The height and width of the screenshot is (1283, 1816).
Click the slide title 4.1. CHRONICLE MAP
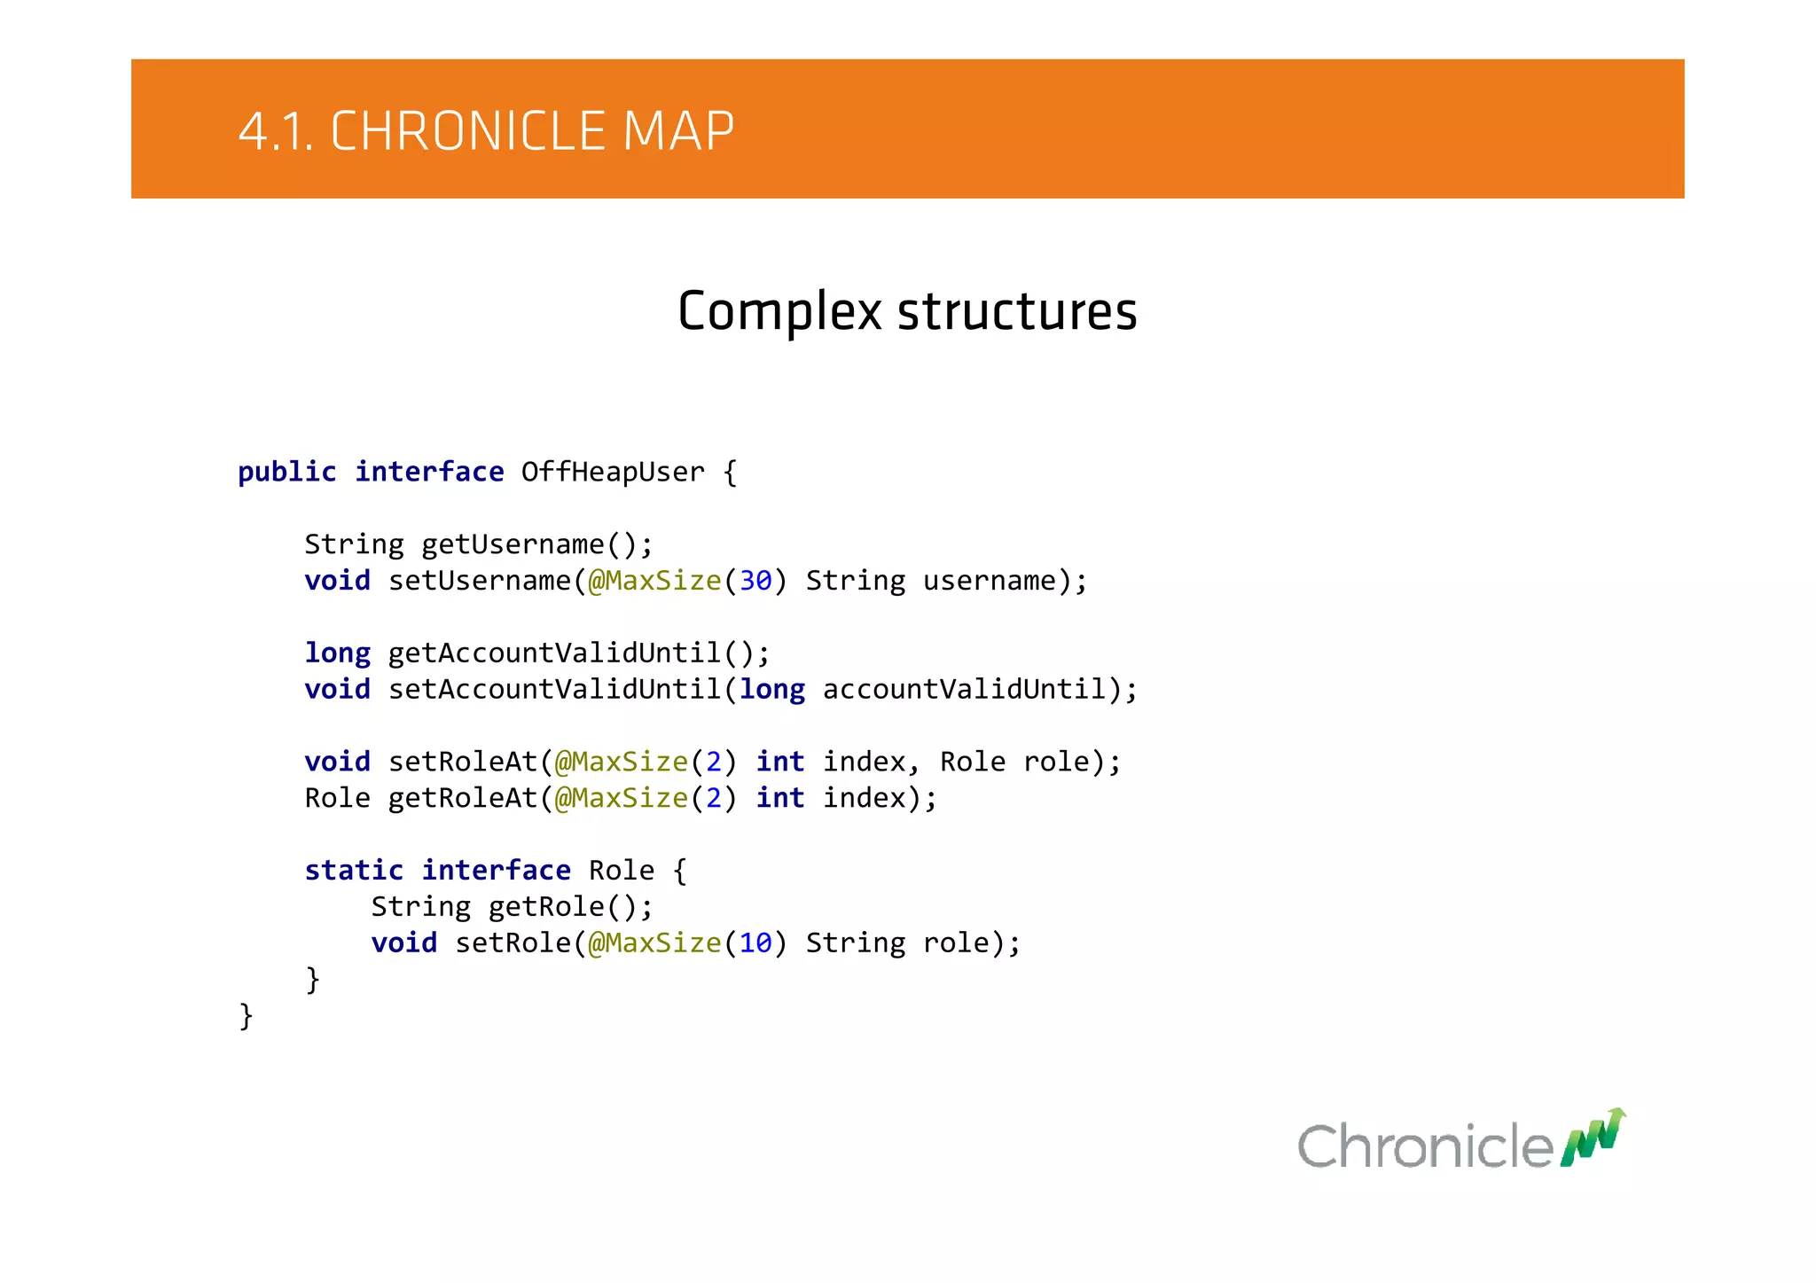(x=486, y=131)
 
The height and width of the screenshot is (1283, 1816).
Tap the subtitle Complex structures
(x=907, y=311)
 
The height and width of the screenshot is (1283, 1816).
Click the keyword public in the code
(x=286, y=472)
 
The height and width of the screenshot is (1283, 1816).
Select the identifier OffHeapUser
(x=613, y=472)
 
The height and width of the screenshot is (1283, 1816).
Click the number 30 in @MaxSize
(x=755, y=581)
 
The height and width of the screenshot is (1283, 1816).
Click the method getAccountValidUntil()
(x=578, y=653)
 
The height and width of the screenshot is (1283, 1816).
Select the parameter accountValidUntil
(x=965, y=689)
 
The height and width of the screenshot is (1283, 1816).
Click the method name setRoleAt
(x=463, y=762)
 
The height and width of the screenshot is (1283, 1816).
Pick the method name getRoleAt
(x=463, y=798)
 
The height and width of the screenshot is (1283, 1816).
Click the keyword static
(x=353, y=871)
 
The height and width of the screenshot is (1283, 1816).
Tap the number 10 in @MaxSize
(x=755, y=943)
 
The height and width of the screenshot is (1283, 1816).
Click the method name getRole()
(x=569, y=907)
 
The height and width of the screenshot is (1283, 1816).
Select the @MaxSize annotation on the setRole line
(x=654, y=943)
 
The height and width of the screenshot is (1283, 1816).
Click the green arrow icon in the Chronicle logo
(x=1593, y=1138)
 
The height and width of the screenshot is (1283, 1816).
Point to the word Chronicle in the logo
(x=1425, y=1146)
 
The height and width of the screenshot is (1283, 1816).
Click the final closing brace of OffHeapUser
(x=246, y=1016)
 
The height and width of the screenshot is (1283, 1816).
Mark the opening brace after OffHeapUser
(x=730, y=472)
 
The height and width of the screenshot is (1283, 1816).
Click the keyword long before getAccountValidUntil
(x=337, y=653)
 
